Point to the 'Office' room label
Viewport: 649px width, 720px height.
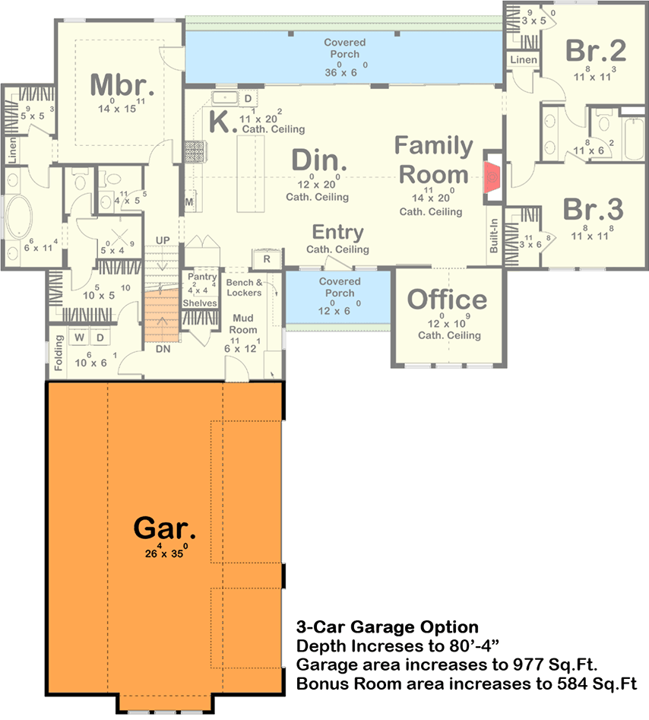448,300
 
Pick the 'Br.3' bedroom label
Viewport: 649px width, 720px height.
594,208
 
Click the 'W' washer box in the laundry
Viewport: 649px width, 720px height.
80,336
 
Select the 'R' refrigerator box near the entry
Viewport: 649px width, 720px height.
267,259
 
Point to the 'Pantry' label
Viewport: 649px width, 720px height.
201,278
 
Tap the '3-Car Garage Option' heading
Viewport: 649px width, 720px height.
387,627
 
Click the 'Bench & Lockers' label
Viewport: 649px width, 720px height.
244,287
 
